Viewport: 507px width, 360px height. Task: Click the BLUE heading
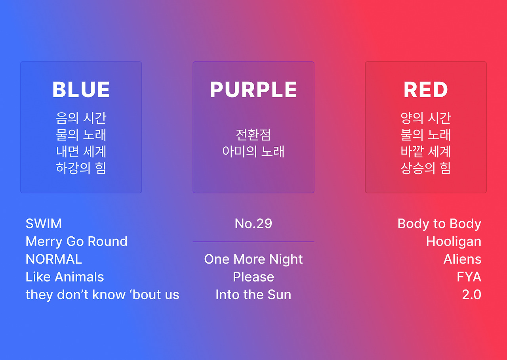click(x=81, y=90)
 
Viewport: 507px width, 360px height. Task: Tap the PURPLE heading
click(x=253, y=90)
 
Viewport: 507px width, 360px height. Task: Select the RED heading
click(x=426, y=90)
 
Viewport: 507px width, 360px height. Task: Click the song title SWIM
click(x=44, y=224)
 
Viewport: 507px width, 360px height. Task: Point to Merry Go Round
click(x=76, y=241)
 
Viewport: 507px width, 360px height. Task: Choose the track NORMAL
click(x=53, y=259)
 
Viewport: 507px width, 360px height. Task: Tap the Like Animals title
click(x=65, y=277)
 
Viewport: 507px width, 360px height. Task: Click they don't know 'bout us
click(x=102, y=295)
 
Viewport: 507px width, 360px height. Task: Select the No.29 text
click(x=253, y=224)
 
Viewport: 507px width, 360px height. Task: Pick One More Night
click(x=253, y=259)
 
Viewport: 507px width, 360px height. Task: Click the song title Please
click(x=253, y=277)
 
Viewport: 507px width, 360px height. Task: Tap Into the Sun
click(x=253, y=295)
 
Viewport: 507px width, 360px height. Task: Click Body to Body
click(x=439, y=224)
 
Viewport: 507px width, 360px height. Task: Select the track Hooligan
click(x=454, y=242)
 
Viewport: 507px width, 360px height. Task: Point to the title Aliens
click(x=462, y=259)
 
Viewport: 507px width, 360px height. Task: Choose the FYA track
click(x=469, y=277)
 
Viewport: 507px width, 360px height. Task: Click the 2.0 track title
click(x=472, y=295)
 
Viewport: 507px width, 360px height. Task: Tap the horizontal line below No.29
click(x=253, y=242)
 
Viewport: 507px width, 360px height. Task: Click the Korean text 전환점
click(x=253, y=134)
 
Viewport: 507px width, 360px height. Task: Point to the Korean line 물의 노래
click(x=81, y=134)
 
